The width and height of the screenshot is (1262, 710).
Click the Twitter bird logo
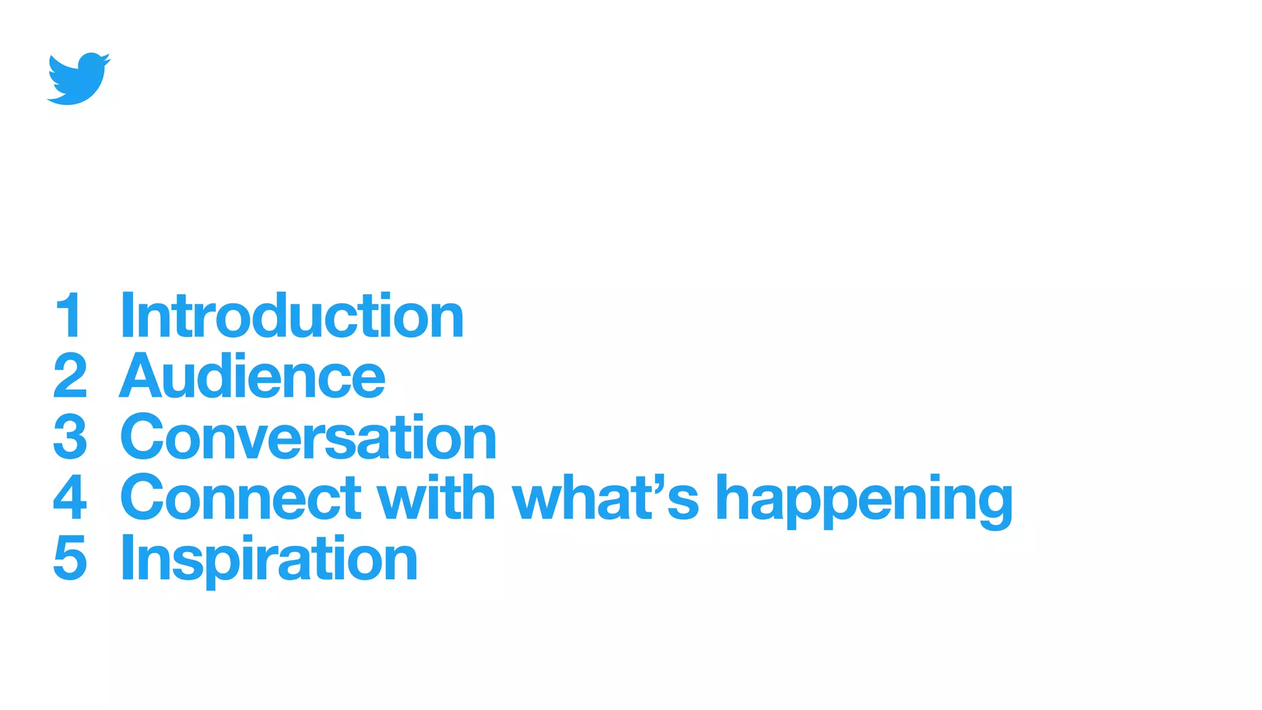79,79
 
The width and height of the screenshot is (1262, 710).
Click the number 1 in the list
70,316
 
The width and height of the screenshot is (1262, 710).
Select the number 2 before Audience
70,376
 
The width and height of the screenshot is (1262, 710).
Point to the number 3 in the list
70,437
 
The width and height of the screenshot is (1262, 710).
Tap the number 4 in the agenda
70,497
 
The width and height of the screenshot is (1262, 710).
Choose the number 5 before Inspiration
70,558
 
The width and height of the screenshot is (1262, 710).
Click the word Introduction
291,316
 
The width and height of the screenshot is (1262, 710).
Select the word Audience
253,376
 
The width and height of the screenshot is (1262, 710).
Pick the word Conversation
308,437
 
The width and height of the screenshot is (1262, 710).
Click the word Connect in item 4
241,497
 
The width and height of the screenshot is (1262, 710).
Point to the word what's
606,497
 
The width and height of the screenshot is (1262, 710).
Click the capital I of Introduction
128,316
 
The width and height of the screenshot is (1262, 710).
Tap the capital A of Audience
140,376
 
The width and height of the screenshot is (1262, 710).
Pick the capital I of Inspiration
128,558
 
